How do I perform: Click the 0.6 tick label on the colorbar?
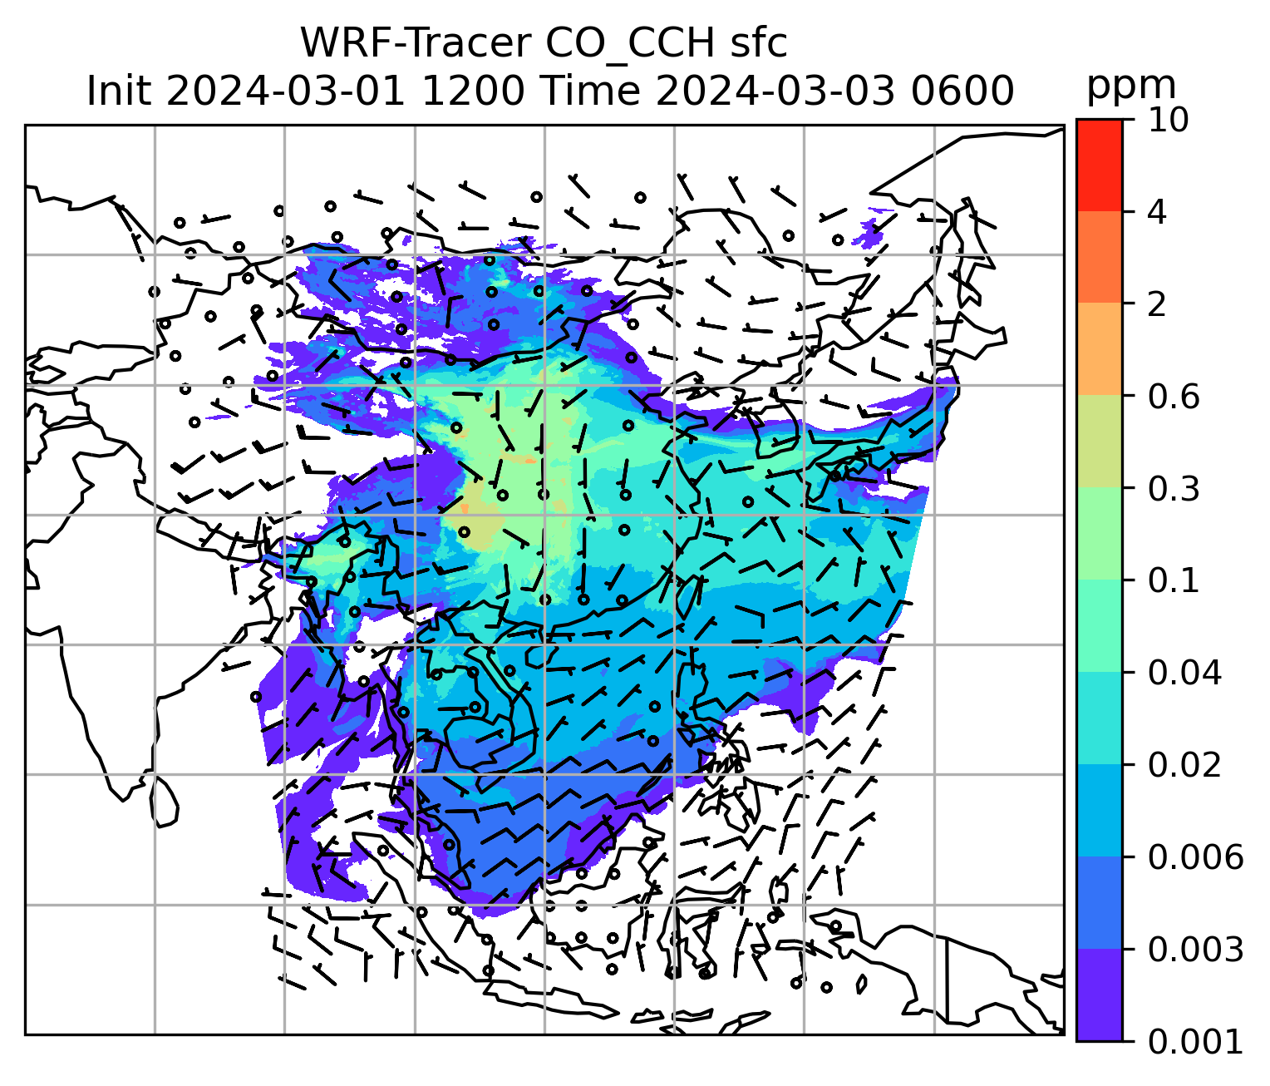(x=1172, y=397)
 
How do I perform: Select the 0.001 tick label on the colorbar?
(x=1194, y=1041)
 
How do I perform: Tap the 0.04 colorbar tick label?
(x=1184, y=673)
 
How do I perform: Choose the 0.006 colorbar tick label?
(x=1194, y=856)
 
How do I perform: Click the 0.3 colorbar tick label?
(x=1172, y=489)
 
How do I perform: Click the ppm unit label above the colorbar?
(x=1131, y=86)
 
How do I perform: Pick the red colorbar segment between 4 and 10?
(x=1099, y=165)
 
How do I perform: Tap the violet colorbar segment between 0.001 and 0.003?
(x=1099, y=995)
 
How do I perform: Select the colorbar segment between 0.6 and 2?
(x=1099, y=349)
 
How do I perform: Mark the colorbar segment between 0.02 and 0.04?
(x=1099, y=718)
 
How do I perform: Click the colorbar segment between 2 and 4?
(x=1099, y=257)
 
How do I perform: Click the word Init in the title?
(x=120, y=91)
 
